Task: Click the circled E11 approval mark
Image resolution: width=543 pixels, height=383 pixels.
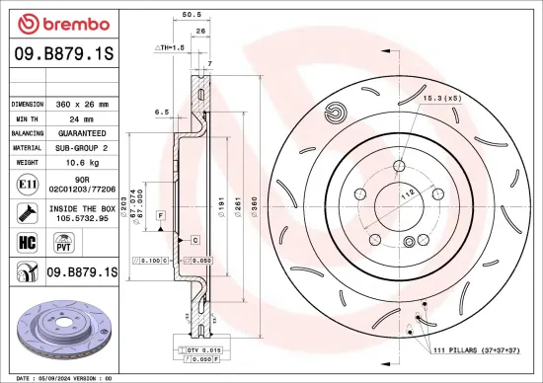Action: coord(24,184)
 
